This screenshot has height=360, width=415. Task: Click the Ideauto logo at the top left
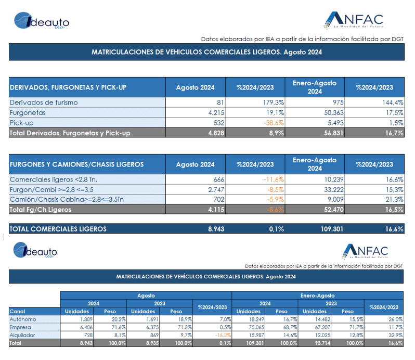42,21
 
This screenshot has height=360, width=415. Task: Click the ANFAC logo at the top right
353,20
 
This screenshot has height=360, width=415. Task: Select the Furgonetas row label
28,113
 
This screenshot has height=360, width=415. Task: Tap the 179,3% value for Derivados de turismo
273,102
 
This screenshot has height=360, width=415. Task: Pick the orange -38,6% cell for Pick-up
274,123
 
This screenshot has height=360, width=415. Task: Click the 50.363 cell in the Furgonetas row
334,113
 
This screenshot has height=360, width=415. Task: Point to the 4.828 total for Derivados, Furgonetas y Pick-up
216,133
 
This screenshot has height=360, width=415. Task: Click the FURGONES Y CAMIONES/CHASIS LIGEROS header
77,164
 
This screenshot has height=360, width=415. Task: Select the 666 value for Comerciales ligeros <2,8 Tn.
219,179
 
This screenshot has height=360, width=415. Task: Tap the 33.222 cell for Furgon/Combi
334,189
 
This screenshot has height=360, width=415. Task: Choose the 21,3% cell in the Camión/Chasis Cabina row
394,199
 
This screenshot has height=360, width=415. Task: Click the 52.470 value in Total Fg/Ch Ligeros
334,210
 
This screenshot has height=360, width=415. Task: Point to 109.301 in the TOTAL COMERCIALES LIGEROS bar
332,229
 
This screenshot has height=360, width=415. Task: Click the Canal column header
17,311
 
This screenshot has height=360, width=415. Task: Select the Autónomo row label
23,319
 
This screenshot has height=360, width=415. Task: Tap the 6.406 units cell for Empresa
86,327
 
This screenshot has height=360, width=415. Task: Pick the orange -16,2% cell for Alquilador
223,335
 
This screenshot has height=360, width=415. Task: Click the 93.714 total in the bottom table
322,343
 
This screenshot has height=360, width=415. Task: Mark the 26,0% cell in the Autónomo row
395,319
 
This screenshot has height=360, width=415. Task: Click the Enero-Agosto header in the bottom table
317,295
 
